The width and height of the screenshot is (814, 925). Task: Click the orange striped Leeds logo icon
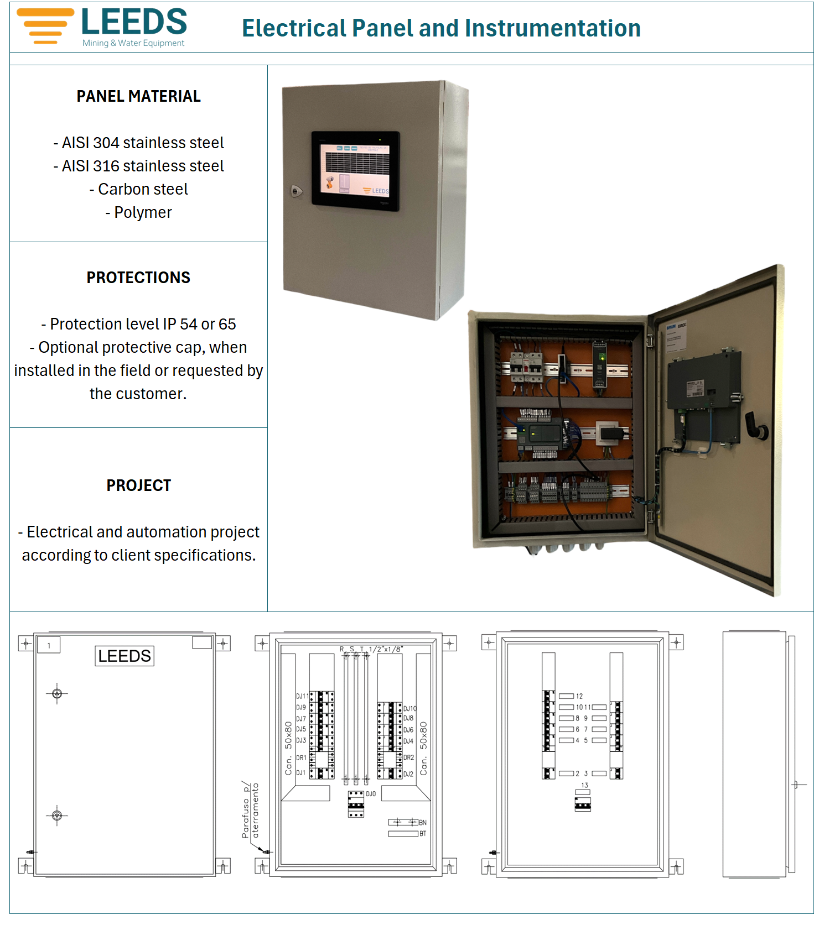coord(45,26)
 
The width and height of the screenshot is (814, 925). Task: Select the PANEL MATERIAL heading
coord(138,96)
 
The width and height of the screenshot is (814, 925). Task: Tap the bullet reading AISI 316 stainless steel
coord(139,166)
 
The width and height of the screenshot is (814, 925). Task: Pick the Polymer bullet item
coord(139,212)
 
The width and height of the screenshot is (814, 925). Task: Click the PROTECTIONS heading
coord(138,278)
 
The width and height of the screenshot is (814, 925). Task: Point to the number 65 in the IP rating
coord(227,324)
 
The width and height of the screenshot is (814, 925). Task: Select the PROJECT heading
coord(138,485)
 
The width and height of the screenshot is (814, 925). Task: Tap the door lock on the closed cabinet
coord(297,191)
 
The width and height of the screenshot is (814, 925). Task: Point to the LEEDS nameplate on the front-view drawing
coord(125,656)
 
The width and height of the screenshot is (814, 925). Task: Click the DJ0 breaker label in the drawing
coord(371,794)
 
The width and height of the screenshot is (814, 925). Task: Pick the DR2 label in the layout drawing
coord(408,757)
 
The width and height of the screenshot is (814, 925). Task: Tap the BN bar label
coord(423,823)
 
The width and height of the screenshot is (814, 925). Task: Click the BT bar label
coord(423,834)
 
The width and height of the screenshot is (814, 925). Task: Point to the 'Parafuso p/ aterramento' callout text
coord(250,811)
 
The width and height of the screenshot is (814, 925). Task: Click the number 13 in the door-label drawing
coord(584,785)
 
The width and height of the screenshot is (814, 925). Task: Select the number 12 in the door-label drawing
coord(579,696)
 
